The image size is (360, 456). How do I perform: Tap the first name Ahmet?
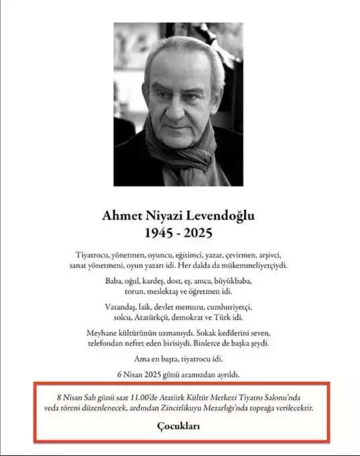pos(119,216)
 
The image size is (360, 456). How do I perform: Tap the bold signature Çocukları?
pos(179,426)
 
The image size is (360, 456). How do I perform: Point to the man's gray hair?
pos(176,50)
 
